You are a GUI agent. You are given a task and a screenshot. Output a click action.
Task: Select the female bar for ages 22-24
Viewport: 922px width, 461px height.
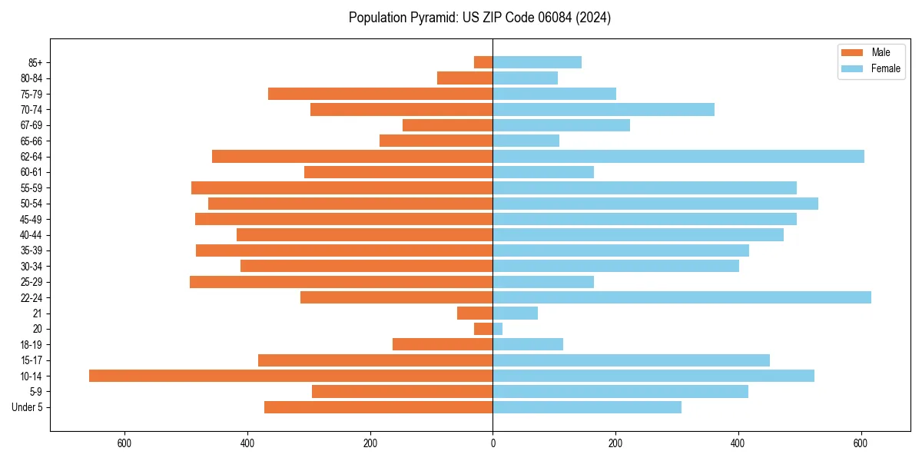pos(682,297)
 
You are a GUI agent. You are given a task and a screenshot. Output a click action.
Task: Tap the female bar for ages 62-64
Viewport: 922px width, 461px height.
pos(678,157)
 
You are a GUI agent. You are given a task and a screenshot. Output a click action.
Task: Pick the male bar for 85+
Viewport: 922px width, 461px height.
pos(483,62)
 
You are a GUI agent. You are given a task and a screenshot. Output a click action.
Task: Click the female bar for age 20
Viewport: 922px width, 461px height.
pos(498,329)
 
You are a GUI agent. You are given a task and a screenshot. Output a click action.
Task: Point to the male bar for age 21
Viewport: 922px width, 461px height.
pos(475,313)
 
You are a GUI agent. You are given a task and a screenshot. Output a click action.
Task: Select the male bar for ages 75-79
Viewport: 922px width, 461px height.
pos(380,94)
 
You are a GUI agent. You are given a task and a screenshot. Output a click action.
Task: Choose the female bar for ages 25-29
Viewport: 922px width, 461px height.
pos(543,282)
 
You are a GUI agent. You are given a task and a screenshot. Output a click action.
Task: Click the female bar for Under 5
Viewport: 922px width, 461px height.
pos(587,407)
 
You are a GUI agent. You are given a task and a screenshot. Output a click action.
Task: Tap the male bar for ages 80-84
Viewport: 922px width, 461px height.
pos(465,78)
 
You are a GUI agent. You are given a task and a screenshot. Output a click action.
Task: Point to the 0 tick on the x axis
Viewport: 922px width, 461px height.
pos(493,443)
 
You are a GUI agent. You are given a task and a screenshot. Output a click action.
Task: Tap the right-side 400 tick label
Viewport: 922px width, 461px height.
pos(738,443)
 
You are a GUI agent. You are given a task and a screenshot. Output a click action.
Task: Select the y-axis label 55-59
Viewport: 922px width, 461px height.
pos(31,188)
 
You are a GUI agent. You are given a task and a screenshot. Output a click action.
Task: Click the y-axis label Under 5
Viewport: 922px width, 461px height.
pos(27,407)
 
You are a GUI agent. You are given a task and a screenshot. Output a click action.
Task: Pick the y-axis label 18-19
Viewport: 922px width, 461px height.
pos(31,345)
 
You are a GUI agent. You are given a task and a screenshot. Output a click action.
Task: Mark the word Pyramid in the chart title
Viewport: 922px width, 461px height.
pos(431,18)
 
